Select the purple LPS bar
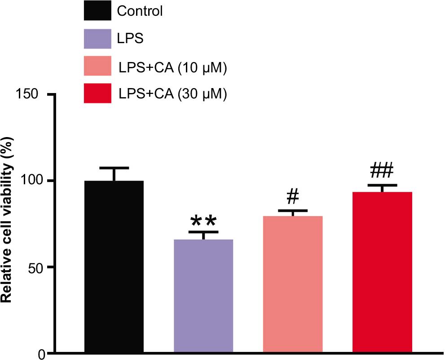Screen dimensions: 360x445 click(203, 296)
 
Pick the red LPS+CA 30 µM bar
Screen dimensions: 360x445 click(382, 272)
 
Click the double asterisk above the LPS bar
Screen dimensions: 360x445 click(203, 221)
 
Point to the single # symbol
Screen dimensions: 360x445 click(292, 196)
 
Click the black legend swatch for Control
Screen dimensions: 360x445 click(97, 11)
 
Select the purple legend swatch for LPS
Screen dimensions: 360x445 click(97, 39)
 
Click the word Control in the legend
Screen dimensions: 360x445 click(140, 11)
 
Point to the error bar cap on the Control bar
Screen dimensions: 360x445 click(114, 168)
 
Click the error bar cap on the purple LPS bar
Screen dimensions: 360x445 click(203, 232)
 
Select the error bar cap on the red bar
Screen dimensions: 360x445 click(382, 185)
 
